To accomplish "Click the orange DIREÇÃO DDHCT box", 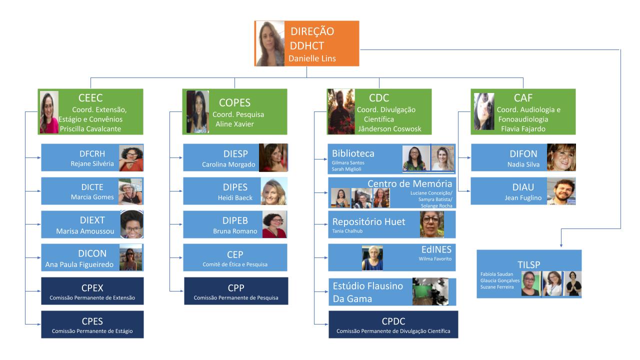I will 306,43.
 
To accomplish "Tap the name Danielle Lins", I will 312,58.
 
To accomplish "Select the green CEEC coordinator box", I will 90,111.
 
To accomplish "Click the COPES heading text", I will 234,102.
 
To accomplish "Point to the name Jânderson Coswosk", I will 389,128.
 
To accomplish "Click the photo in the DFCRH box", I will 131,158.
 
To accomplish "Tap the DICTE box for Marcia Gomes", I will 92,191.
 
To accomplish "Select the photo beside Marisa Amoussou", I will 132,224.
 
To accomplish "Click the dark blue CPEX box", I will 92,291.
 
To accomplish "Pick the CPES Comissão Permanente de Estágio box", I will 92,324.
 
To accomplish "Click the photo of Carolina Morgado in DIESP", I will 273,158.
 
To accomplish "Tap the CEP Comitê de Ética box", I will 235,257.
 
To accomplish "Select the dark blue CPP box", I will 236,291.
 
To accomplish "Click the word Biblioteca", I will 353,153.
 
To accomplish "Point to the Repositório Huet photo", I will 432,224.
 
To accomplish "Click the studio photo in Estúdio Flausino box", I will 430,291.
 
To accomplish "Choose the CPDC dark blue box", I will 393,324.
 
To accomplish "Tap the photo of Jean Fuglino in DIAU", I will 561,191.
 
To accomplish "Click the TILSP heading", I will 529,264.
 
